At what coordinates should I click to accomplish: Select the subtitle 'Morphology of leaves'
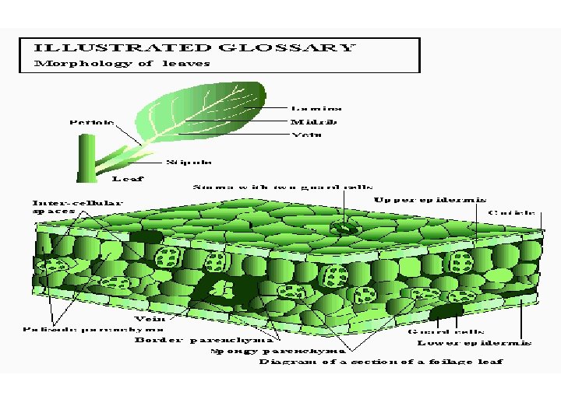pyautogui.click(x=122, y=64)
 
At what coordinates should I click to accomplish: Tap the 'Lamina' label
pyautogui.click(x=316, y=108)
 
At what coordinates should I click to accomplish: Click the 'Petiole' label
pyautogui.click(x=92, y=122)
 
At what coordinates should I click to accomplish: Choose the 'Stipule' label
pyautogui.click(x=189, y=163)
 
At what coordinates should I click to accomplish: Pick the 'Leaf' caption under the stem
pyautogui.click(x=128, y=179)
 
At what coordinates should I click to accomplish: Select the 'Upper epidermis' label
pyautogui.click(x=430, y=200)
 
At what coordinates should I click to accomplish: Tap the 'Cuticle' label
pyautogui.click(x=512, y=212)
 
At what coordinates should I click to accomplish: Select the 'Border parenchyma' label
pyautogui.click(x=203, y=340)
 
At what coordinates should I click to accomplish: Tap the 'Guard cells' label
pyautogui.click(x=439, y=331)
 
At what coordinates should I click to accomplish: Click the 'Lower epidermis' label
pyautogui.click(x=475, y=342)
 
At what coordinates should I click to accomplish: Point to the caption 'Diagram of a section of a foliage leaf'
pyautogui.click(x=381, y=362)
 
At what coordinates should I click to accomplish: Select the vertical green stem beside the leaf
pyautogui.click(x=83, y=159)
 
